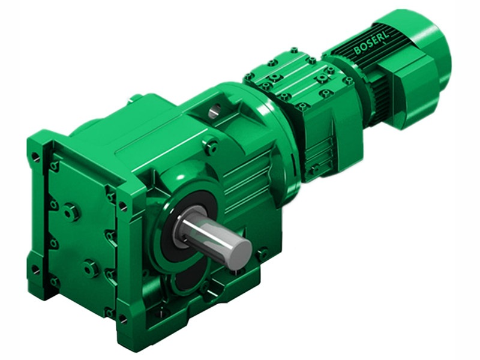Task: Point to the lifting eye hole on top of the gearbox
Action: pos(215,110)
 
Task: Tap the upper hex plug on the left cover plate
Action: pos(71,211)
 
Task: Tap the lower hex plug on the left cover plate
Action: pos(91,268)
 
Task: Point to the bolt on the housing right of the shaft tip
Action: pos(262,254)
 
